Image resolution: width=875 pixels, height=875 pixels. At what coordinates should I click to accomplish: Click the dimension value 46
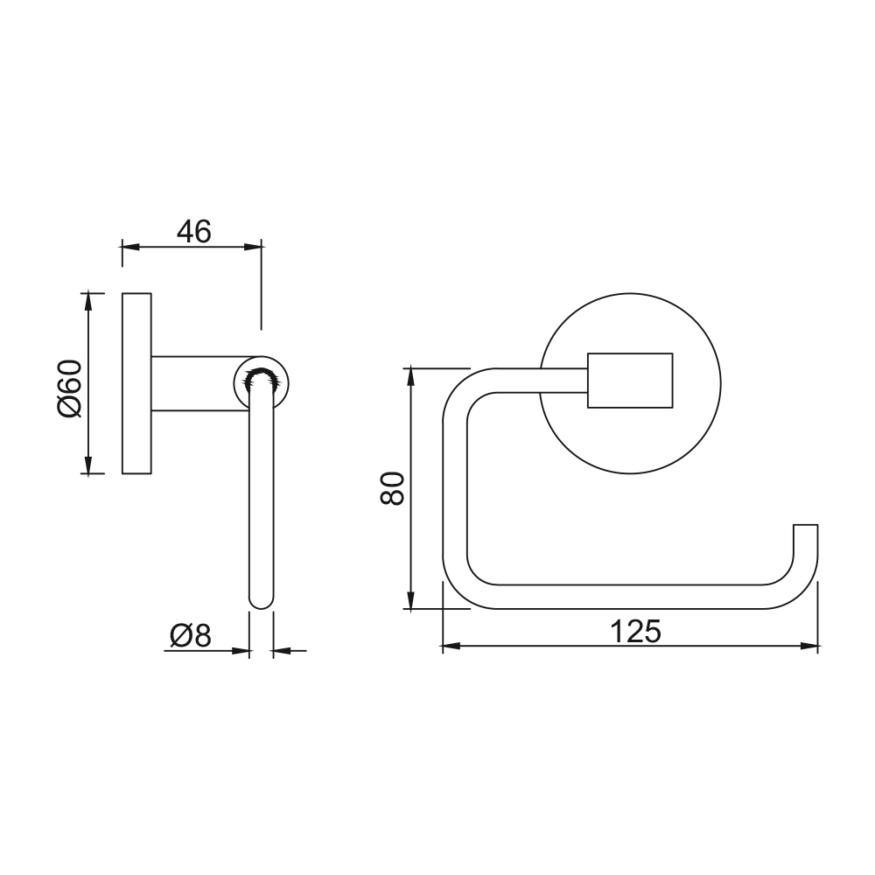pyautogui.click(x=194, y=232)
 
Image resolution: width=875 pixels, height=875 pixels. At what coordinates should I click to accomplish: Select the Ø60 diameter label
pyautogui.click(x=70, y=388)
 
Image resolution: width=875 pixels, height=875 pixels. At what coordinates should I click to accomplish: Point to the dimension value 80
pyautogui.click(x=392, y=488)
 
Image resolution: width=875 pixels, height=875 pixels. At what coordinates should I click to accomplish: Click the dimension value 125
pyautogui.click(x=635, y=632)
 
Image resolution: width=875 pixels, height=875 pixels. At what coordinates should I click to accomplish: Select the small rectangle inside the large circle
pyautogui.click(x=630, y=381)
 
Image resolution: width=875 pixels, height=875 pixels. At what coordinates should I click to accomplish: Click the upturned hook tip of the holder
pyautogui.click(x=806, y=525)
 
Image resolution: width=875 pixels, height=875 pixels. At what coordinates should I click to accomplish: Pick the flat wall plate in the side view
pyautogui.click(x=136, y=383)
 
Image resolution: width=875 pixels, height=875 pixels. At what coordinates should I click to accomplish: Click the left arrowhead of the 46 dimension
pyautogui.click(x=130, y=248)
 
